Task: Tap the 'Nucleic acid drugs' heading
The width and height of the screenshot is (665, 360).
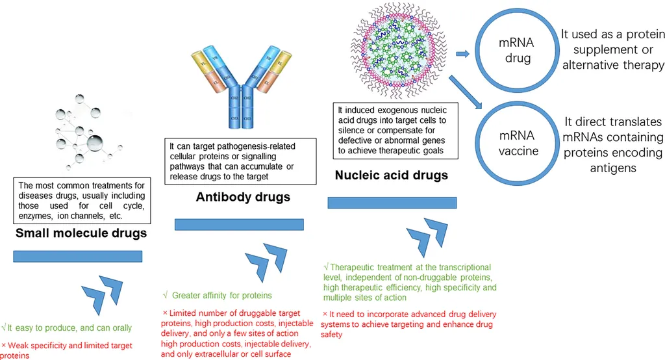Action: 392,175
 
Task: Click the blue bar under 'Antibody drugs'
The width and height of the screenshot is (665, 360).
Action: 239,224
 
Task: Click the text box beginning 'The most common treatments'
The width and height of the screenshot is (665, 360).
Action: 82,200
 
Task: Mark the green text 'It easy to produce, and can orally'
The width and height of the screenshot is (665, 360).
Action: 58,329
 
